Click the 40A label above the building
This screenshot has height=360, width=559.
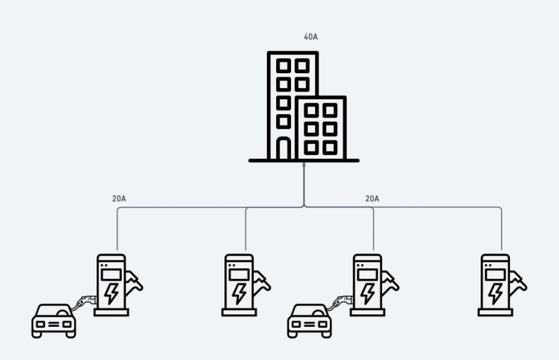coord(311,38)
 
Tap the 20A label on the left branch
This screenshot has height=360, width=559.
coord(119,198)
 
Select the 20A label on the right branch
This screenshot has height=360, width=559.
coord(372,198)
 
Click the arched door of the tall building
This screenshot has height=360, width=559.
coord(283,149)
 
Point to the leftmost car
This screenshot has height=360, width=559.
coord(54,321)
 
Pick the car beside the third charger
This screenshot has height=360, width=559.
coord(310,321)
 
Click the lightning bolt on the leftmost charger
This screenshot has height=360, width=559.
coord(111,292)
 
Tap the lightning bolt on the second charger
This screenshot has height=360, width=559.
coord(239,292)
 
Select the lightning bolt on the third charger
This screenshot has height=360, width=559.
coord(367,292)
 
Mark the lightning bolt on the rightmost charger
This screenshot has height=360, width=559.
coord(495,292)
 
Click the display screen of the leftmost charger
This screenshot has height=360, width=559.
coord(111,273)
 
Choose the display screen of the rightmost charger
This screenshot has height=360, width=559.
coord(495,273)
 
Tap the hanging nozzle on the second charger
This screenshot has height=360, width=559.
coord(263,282)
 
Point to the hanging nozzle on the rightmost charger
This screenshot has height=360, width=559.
coord(519,282)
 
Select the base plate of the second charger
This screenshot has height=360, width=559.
coord(239,312)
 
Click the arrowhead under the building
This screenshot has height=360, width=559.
coord(304,164)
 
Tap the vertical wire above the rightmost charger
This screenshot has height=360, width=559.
coord(501,229)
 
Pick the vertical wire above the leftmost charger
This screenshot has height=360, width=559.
coord(118,229)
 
